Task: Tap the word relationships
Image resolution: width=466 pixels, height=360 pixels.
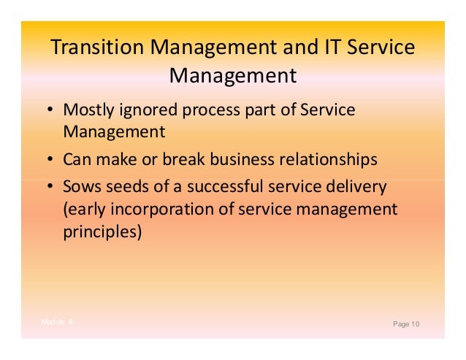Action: point(331,159)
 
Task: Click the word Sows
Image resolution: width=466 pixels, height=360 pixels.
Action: point(80,187)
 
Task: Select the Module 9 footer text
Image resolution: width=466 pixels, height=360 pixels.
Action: point(57,321)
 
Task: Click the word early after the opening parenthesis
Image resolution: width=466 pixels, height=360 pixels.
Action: point(85,211)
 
